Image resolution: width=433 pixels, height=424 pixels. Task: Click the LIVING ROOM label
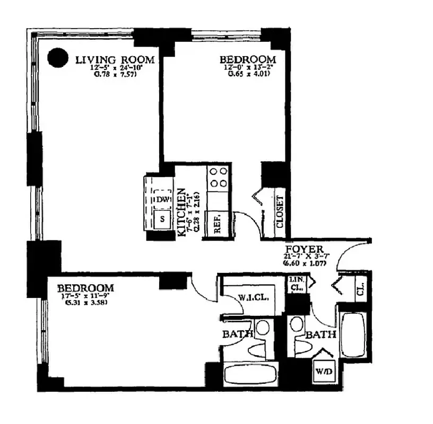(x=115, y=59)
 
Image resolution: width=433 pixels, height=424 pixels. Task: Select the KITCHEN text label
(x=181, y=212)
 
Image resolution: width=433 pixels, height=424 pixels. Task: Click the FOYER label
(x=302, y=250)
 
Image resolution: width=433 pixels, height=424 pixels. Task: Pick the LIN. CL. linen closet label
(x=296, y=284)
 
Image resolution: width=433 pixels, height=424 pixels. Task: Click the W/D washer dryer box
(x=323, y=371)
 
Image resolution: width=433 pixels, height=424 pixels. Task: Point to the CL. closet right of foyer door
(x=360, y=289)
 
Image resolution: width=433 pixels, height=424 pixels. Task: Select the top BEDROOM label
(x=248, y=59)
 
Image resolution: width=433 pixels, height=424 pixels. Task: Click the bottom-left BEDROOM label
(x=86, y=288)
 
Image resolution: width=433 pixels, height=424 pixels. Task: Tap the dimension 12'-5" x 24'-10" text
(x=115, y=67)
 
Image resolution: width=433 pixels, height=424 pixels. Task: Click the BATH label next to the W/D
(x=321, y=334)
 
